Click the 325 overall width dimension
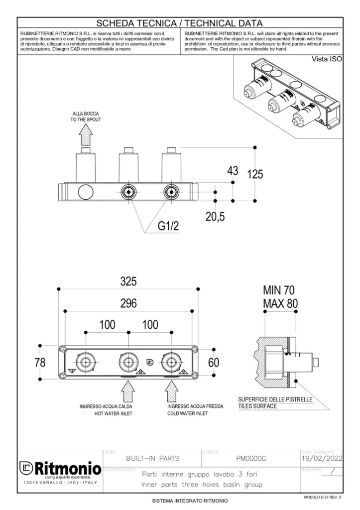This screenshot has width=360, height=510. [x=128, y=282]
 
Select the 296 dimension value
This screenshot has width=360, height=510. [x=128, y=303]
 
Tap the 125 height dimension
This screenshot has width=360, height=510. [x=255, y=174]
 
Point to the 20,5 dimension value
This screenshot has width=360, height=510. [x=216, y=217]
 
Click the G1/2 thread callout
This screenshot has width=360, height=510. [x=168, y=227]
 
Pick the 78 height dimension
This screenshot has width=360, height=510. [x=40, y=363]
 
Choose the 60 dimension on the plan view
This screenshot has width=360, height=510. [x=214, y=363]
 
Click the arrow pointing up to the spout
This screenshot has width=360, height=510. [x=86, y=134]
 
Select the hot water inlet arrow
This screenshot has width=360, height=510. [x=128, y=389]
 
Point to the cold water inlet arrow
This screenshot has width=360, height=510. [x=171, y=389]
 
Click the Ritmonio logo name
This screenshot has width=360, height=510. [x=67, y=468]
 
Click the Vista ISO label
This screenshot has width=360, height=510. [x=327, y=60]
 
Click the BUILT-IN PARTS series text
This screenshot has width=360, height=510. [x=153, y=458]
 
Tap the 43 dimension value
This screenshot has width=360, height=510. [x=233, y=171]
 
